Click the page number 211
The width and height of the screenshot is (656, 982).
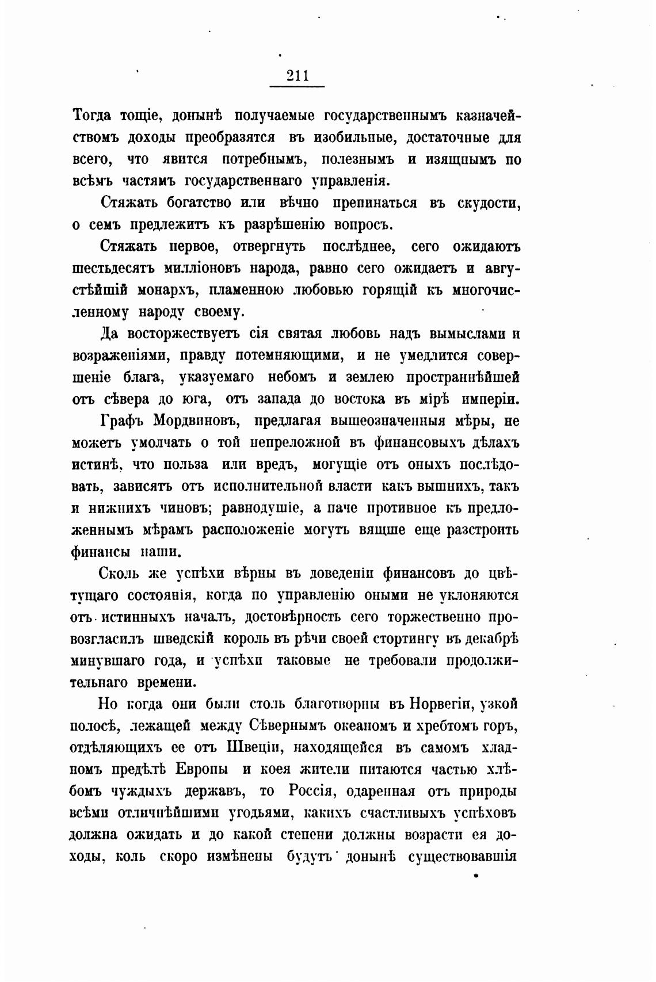tap(297, 75)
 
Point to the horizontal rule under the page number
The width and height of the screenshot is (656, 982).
tap(297, 87)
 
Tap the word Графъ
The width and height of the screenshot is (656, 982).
tap(124, 421)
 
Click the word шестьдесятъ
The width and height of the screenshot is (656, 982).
tap(113, 269)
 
